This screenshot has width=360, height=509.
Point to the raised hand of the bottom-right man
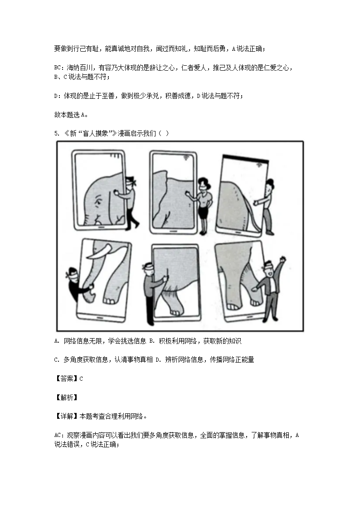(x=283, y=260)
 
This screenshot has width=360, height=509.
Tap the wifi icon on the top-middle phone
(x=186, y=157)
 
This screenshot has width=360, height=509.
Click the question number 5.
(x=57, y=134)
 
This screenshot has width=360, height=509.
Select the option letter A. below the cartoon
(x=57, y=341)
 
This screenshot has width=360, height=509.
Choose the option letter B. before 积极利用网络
(x=152, y=341)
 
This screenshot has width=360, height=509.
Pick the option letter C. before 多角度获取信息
(x=57, y=360)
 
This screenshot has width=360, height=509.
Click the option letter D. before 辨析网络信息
(x=158, y=360)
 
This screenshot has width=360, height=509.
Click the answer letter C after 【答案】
(x=81, y=379)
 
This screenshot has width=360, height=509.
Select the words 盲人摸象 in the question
(x=95, y=134)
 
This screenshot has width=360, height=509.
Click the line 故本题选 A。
(x=70, y=115)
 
